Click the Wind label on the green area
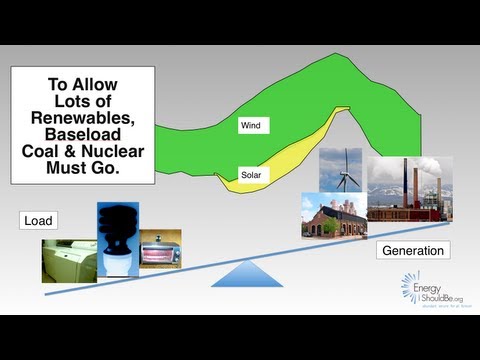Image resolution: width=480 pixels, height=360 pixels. tap(250, 126)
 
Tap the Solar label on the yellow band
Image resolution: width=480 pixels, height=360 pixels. tap(251, 176)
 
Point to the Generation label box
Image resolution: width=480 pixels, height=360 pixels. tap(412, 251)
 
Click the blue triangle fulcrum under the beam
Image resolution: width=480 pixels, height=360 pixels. tap(241, 272)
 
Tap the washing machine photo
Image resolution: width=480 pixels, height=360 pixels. tap(68, 259)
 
